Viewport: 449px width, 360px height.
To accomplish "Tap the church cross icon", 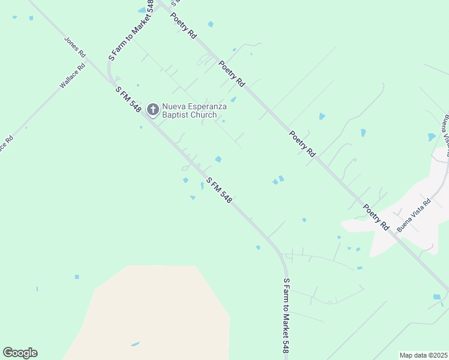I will click(153, 109).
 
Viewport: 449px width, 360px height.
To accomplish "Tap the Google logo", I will click(20, 353).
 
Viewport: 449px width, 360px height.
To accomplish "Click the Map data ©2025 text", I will click(424, 355).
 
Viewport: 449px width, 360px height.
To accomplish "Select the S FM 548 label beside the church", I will click(128, 100).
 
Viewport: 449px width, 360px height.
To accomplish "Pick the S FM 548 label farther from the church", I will click(218, 190).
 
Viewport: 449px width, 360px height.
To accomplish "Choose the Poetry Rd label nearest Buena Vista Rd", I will click(376, 217).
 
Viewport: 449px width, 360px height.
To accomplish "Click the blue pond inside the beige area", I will click(135, 344).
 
